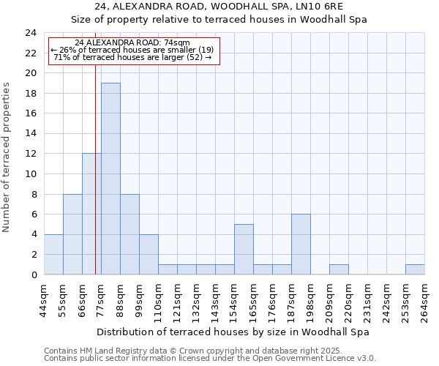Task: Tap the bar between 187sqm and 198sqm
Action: tap(301, 244)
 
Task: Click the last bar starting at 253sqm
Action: tap(415, 269)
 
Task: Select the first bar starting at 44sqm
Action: tap(53, 255)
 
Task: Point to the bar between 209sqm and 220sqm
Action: tap(339, 269)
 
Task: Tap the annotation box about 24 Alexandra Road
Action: tap(133, 51)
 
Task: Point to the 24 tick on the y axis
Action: tap(31, 33)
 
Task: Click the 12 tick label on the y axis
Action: tap(31, 154)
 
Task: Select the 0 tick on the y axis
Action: tap(34, 274)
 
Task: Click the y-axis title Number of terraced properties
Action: tap(7, 157)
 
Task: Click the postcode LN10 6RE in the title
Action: tap(333, 7)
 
